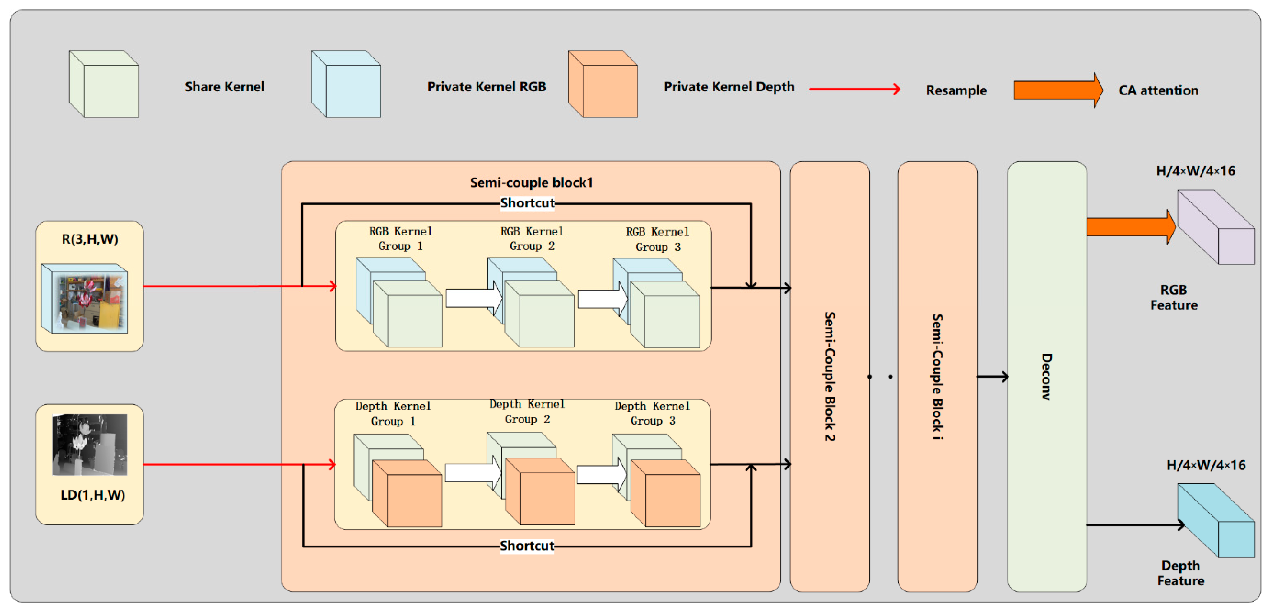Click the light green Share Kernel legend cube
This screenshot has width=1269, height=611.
click(104, 84)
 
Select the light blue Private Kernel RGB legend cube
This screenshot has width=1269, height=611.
click(346, 84)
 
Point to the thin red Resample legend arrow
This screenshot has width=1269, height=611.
click(855, 89)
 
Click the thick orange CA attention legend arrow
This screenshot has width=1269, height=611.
click(1058, 90)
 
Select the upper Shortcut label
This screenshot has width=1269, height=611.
click(527, 203)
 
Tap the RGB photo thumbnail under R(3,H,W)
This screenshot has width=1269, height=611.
click(84, 299)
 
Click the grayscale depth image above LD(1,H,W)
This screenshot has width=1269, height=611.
click(90, 445)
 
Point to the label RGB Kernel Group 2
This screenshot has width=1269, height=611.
click(532, 238)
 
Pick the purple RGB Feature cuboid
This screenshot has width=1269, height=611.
click(1216, 227)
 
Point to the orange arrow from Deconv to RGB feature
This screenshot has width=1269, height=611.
click(1131, 227)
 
